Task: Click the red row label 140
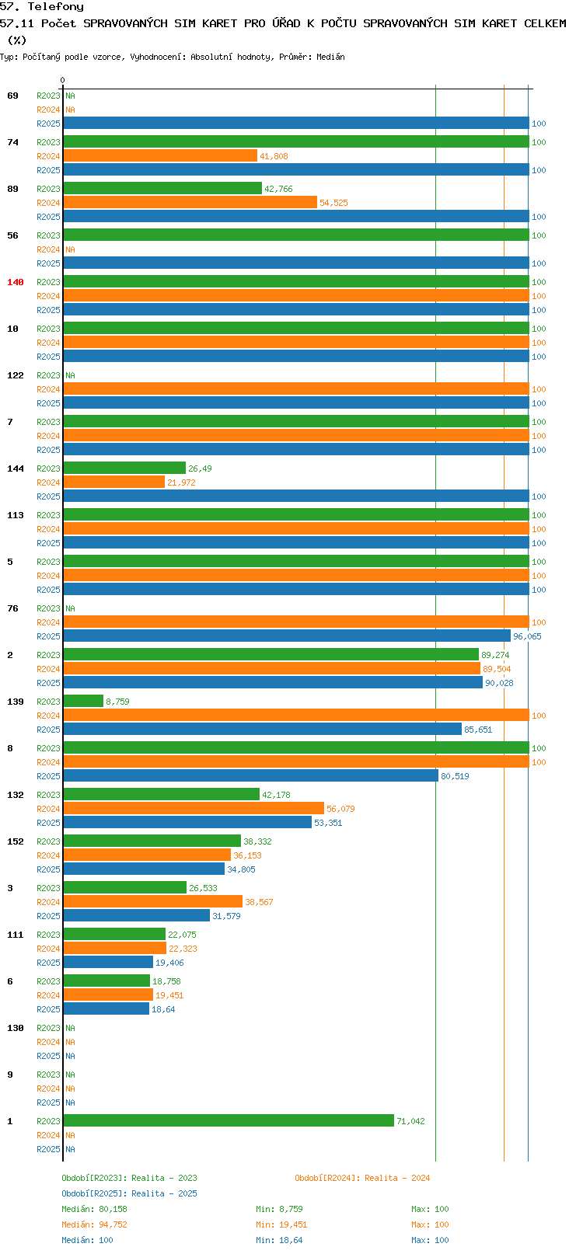click(15, 282)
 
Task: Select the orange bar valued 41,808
click(160, 155)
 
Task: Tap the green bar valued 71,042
click(229, 1120)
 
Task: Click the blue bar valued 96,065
click(287, 636)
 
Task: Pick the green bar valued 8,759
click(83, 701)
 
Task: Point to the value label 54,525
click(333, 203)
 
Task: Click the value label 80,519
click(455, 776)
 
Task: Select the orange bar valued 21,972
click(114, 482)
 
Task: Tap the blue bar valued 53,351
click(187, 822)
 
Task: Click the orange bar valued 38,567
click(153, 901)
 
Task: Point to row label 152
click(15, 841)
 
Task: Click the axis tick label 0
click(62, 80)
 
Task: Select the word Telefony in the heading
click(55, 7)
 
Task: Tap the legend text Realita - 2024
click(397, 1178)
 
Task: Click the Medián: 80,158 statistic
click(94, 1209)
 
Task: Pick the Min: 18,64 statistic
click(279, 1240)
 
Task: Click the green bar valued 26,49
click(124, 468)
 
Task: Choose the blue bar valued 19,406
click(108, 962)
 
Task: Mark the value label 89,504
click(497, 669)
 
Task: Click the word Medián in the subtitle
click(330, 57)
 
